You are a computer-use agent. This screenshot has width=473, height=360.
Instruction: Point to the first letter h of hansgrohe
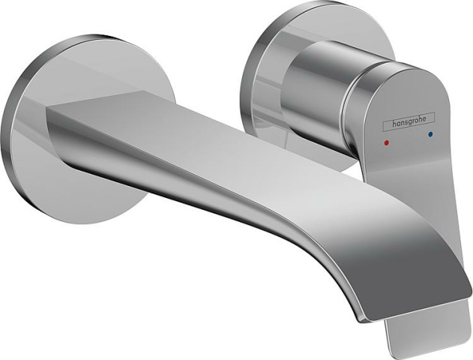[x=388, y=125]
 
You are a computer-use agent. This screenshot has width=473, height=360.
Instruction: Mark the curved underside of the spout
[x=225, y=210]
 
